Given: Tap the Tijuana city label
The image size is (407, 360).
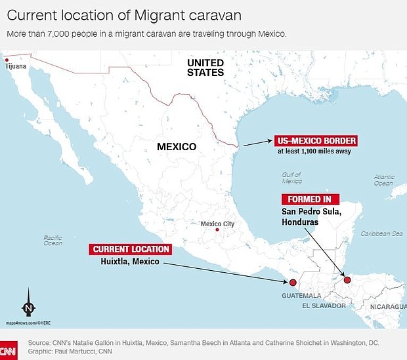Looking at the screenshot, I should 17,67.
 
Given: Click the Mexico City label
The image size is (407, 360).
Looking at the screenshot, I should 217,224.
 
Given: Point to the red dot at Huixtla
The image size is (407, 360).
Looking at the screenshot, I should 293,283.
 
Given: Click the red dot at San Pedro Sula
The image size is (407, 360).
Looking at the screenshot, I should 347,280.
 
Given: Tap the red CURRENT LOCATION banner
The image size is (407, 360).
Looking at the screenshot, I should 131,249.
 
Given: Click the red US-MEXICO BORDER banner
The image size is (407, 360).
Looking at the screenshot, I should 316,141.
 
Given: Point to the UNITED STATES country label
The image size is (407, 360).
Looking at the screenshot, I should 205,68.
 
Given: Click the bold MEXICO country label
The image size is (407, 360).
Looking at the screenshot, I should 176,147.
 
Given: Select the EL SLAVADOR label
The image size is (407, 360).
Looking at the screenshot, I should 324,306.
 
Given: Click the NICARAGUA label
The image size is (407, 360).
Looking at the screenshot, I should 385,306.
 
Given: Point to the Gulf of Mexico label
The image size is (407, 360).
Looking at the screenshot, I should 291,178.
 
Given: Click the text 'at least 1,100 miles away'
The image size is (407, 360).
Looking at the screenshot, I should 314,151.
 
